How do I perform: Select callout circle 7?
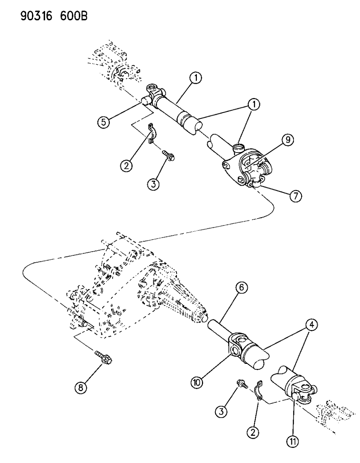(x=295, y=196)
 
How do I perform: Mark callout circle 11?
(x=293, y=442)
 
